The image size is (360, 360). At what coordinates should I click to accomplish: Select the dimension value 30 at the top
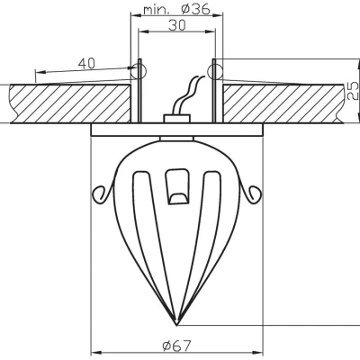coord(176,27)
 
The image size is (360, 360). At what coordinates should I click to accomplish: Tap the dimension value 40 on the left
coord(87,64)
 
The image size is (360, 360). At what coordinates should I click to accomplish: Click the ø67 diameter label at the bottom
coord(177,345)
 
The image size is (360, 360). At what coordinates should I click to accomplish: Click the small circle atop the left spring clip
coord(139,66)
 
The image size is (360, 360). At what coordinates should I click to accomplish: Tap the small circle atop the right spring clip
coord(215,66)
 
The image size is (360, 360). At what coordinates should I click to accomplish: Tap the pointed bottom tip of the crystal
coord(177,323)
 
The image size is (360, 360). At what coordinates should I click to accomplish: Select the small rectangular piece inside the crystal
coord(177,187)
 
